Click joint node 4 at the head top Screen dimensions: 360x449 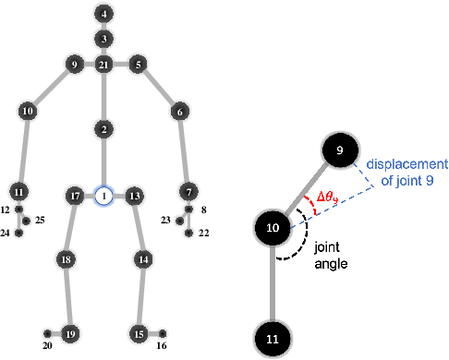pos(104,14)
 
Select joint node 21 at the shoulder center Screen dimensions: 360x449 pos(104,65)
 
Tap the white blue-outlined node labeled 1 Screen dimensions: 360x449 pos(104,196)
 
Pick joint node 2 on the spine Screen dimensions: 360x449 pos(104,129)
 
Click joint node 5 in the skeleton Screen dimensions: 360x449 pos(137,65)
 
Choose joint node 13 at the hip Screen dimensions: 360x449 pos(134,196)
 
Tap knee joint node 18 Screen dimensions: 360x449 pos(66,260)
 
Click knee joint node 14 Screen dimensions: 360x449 pos(143,260)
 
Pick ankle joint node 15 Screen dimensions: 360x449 pos(139,332)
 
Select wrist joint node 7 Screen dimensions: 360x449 pos(189,192)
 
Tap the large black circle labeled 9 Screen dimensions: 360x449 pos(339,150)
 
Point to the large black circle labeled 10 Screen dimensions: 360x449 pos(273,227)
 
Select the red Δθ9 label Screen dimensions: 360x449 pos(329,196)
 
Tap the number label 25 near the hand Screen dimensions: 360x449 pos(40,222)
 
